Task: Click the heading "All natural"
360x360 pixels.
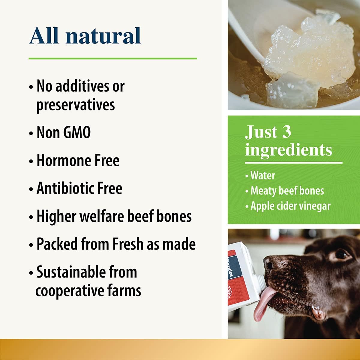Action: (x=85, y=36)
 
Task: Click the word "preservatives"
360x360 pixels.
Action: (x=76, y=105)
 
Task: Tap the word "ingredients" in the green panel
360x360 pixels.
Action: (x=289, y=150)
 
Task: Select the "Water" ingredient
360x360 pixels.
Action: (x=262, y=175)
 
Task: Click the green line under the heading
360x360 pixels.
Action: (x=113, y=58)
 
